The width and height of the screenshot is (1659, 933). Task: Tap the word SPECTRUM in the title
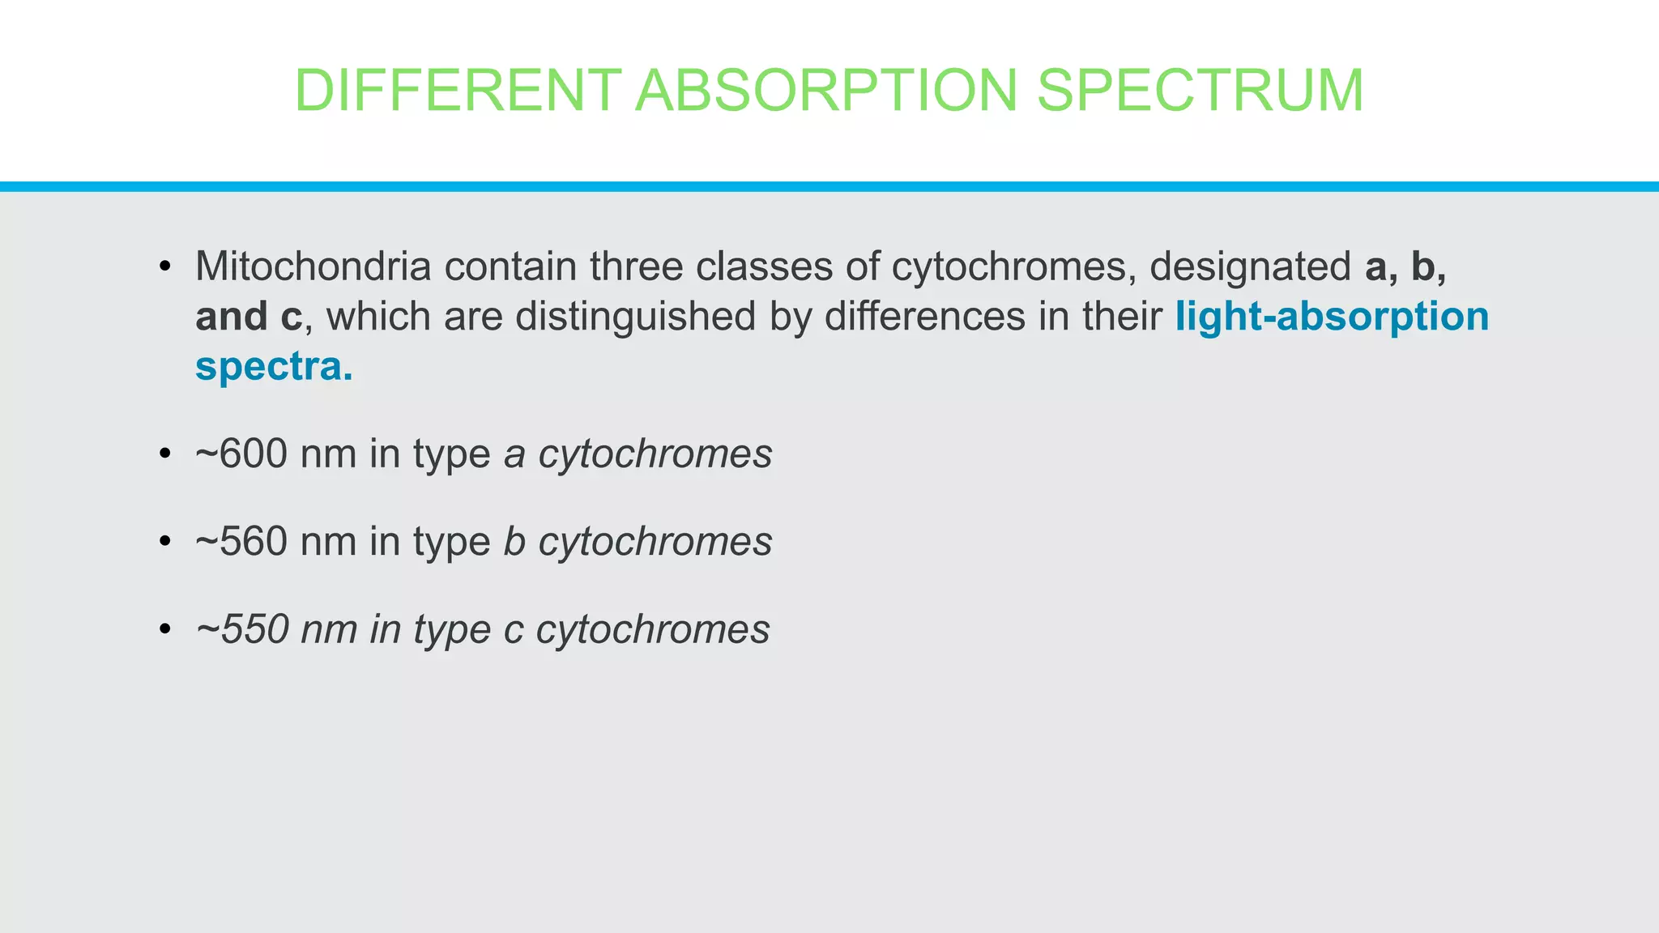click(1201, 90)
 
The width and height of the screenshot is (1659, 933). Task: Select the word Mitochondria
click(313, 266)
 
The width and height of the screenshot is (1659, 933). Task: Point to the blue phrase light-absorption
click(1332, 317)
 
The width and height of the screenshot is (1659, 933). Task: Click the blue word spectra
click(274, 367)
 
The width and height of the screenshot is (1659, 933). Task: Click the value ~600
click(241, 454)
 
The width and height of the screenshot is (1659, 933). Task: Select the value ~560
click(241, 541)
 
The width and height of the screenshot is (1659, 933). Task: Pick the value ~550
click(242, 629)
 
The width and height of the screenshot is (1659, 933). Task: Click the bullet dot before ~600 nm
click(165, 454)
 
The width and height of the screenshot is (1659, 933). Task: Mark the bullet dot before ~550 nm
click(165, 629)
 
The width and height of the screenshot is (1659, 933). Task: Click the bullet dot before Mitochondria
click(165, 266)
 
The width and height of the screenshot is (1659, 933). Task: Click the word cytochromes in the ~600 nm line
click(655, 454)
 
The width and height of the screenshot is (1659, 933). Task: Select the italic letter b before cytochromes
click(514, 541)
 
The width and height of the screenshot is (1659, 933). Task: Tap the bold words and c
click(248, 317)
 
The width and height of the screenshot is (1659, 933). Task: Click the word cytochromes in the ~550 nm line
click(653, 630)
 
